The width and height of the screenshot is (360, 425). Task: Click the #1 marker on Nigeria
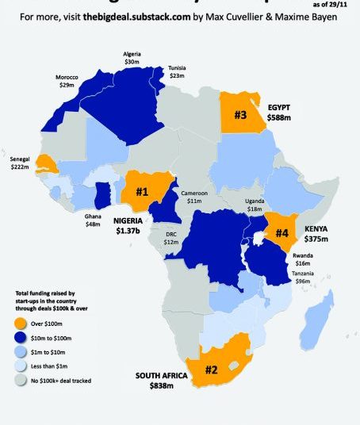[142, 191]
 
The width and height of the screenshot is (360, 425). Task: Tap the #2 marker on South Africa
[210, 369]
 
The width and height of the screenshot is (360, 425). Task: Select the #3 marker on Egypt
[240, 114]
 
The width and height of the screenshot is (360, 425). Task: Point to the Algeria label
[132, 54]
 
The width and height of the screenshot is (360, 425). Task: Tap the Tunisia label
[177, 69]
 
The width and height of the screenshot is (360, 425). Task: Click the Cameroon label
[194, 193]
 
